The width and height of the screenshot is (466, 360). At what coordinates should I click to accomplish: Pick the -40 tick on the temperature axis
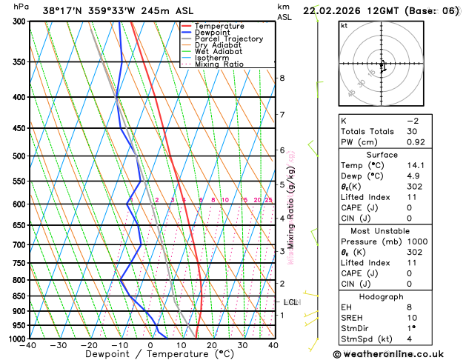click(28, 345)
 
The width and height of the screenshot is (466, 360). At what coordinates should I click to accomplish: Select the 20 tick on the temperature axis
click(212, 345)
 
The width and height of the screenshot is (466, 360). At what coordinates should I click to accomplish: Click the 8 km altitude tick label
click(282, 78)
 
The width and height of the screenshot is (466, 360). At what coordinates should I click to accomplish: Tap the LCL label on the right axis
click(290, 302)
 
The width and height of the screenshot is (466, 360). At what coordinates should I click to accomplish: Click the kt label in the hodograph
click(344, 25)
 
